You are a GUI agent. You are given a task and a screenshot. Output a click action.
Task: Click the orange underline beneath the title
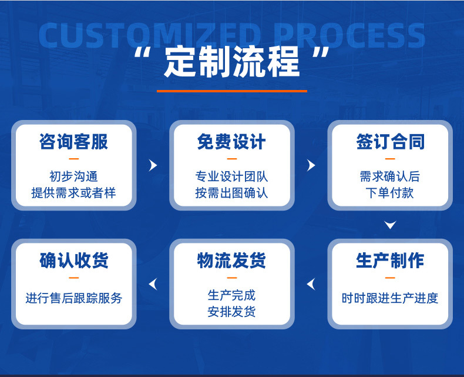[x=231, y=91]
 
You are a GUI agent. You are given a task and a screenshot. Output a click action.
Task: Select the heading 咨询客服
[x=74, y=142]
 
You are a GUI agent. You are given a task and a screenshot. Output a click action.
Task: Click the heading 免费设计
[x=231, y=142]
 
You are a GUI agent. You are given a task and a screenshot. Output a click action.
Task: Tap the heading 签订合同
[x=390, y=142]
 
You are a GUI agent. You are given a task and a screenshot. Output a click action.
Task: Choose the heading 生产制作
[x=390, y=261]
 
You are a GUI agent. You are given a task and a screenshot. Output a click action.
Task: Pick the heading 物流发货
[x=231, y=261]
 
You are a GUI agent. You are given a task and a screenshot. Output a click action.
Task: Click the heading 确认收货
[x=74, y=261]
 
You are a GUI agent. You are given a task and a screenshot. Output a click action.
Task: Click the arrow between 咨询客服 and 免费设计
[x=153, y=165]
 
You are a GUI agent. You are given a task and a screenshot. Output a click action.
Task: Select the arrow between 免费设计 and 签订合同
[x=311, y=165]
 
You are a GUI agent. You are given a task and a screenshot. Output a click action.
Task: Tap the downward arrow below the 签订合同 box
[x=390, y=225]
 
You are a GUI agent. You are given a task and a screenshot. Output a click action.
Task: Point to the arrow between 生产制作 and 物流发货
[x=311, y=285]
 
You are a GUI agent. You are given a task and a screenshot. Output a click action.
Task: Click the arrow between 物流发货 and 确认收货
[x=153, y=285]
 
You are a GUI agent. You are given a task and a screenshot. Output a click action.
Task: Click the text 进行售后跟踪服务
[x=74, y=298]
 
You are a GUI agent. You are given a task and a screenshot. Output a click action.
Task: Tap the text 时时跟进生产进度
[x=390, y=298]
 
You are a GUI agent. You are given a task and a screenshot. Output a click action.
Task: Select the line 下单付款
[x=390, y=192]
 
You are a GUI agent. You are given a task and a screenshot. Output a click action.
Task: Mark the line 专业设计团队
[x=231, y=176]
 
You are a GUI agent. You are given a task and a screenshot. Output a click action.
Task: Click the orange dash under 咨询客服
[x=74, y=159]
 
